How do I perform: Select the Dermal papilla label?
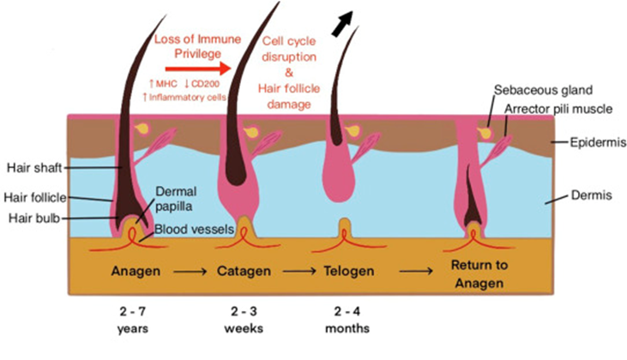pyautogui.click(x=177, y=199)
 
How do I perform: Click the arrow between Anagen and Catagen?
pyautogui.click(x=188, y=272)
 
